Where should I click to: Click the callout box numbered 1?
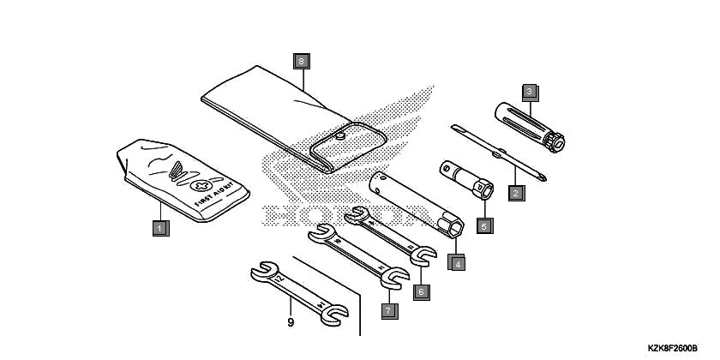click(x=160, y=228)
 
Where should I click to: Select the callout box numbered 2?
click(x=515, y=193)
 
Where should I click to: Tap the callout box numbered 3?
click(x=530, y=90)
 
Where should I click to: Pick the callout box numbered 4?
click(x=459, y=264)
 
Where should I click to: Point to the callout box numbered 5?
click(x=483, y=225)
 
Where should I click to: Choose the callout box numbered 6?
click(x=421, y=291)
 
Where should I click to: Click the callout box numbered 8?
click(x=301, y=61)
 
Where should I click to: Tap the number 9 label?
click(x=291, y=322)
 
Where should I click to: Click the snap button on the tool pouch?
click(x=340, y=135)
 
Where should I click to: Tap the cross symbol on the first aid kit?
click(x=202, y=185)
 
